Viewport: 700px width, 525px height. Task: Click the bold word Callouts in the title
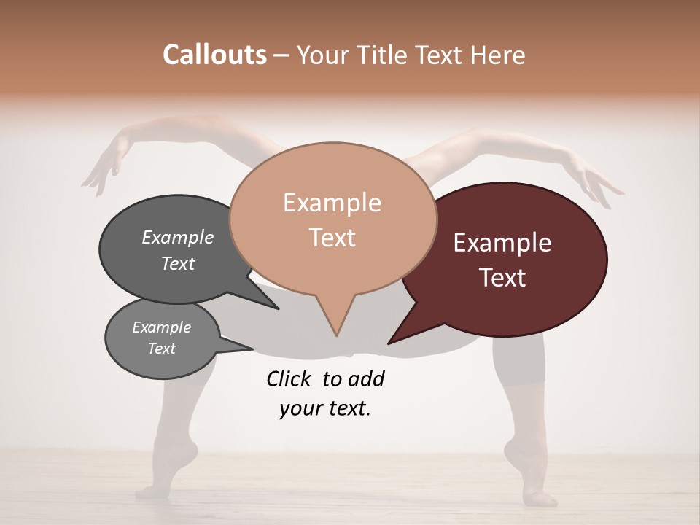pyautogui.click(x=215, y=55)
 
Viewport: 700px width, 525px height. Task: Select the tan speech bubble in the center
pyautogui.click(x=332, y=219)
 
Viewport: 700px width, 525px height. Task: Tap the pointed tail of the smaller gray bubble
pyautogui.click(x=248, y=348)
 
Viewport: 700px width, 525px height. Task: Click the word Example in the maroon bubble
pyautogui.click(x=502, y=243)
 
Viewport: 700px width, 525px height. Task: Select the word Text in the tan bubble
pyautogui.click(x=332, y=238)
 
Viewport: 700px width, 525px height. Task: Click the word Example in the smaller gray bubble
pyautogui.click(x=162, y=327)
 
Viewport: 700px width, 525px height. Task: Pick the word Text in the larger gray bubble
pyautogui.click(x=178, y=263)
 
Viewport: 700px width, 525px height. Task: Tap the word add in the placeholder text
pyautogui.click(x=366, y=378)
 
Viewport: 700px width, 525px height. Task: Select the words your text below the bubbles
pyautogui.click(x=324, y=408)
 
